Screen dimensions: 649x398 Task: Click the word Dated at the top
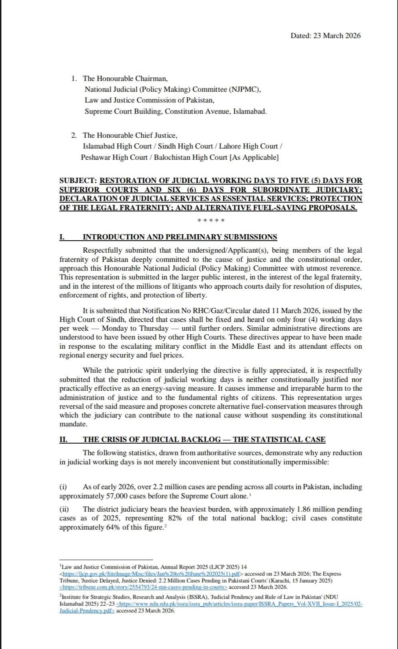tap(300, 36)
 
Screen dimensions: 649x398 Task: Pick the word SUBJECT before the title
tap(78, 181)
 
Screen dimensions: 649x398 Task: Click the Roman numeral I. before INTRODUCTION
tap(62, 237)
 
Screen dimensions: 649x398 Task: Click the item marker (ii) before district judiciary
tap(64, 509)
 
